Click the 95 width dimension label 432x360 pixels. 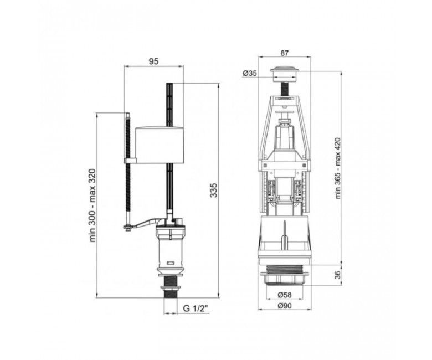click(154, 61)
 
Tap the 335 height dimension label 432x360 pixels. click(214, 190)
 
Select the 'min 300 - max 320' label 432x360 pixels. click(93, 205)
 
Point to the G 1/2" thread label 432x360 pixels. click(196, 308)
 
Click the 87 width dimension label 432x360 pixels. click(284, 53)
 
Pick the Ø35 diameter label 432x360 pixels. click(250, 74)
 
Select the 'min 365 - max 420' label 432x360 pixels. click(338, 168)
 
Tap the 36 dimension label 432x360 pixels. click(338, 275)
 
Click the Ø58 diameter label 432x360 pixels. click(284, 295)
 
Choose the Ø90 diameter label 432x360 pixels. click(284, 306)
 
